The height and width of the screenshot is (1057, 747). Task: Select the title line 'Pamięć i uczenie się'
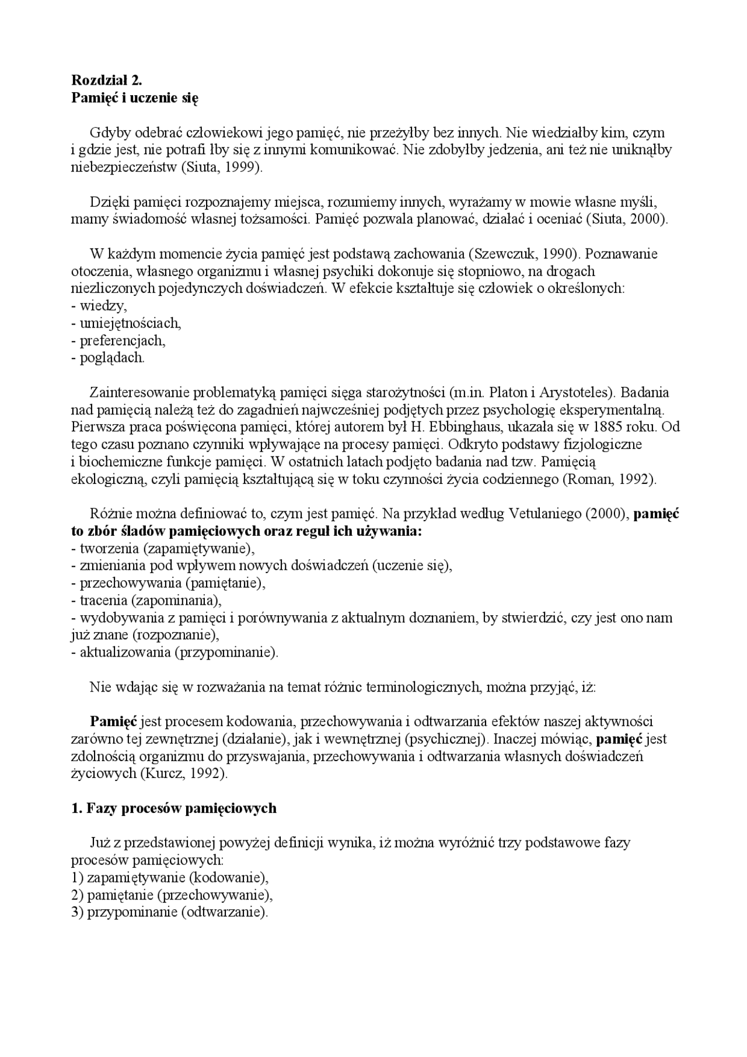tap(134, 98)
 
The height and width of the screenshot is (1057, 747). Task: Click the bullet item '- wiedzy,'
tap(99, 306)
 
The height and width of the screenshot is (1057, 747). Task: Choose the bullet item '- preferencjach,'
tap(118, 340)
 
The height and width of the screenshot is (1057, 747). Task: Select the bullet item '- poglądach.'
tap(108, 358)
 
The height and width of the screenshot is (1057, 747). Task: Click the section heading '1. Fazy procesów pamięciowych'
tap(173, 808)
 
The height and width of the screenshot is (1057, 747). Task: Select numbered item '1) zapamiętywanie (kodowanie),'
tap(170, 878)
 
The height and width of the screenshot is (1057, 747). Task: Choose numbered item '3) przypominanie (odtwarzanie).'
tap(169, 912)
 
